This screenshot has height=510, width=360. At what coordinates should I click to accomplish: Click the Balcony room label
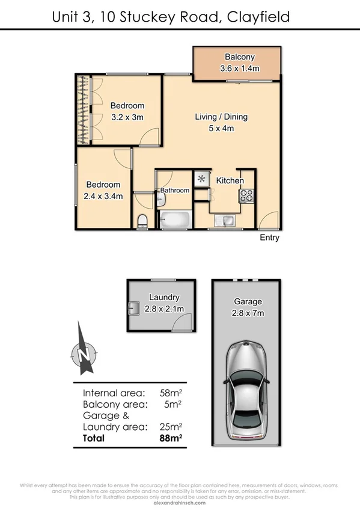(x=239, y=57)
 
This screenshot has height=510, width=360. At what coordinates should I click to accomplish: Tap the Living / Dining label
(x=221, y=117)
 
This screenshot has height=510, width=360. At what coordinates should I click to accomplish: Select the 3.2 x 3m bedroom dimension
(x=127, y=118)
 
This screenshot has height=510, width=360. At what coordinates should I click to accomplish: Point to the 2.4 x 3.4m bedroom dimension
(x=103, y=195)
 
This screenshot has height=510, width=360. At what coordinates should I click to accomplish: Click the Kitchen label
(x=230, y=180)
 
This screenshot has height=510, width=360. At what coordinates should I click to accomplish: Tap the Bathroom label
(x=175, y=191)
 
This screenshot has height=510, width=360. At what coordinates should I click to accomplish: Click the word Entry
(x=269, y=238)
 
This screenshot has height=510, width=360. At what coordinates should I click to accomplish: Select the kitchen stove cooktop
(x=246, y=195)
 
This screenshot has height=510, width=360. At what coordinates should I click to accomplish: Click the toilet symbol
(x=142, y=221)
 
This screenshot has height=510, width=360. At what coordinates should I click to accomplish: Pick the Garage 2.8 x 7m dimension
(x=248, y=313)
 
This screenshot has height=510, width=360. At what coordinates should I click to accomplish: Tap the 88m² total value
(x=170, y=438)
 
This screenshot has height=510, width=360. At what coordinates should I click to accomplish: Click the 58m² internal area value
(x=171, y=393)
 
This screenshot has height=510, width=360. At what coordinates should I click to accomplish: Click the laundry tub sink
(x=135, y=309)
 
